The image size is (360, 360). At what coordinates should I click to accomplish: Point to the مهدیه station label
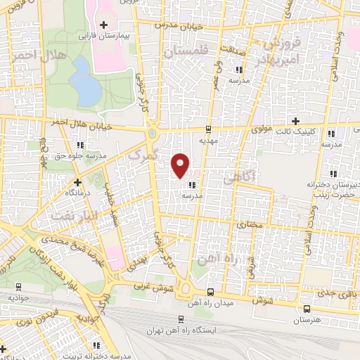[209, 140]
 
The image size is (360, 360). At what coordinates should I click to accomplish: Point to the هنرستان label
[306, 319]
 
